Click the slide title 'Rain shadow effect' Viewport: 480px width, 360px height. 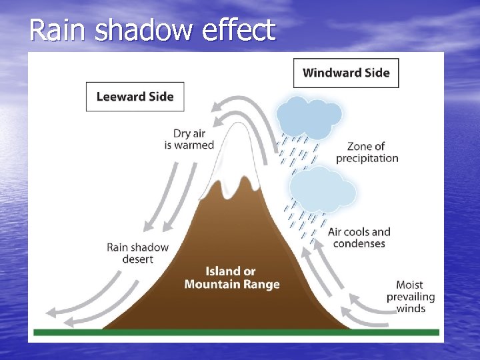(x=152, y=30)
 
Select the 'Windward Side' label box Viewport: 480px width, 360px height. (x=346, y=73)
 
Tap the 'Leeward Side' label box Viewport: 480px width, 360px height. (x=135, y=97)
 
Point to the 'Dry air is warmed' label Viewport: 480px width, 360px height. (x=189, y=139)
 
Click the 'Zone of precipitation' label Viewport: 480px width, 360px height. (x=367, y=152)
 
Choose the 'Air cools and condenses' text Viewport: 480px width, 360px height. (x=359, y=237)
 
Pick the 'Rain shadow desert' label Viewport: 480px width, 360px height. (x=137, y=253)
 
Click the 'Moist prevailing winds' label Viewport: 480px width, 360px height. (x=410, y=297)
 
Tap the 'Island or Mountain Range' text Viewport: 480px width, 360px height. (x=231, y=277)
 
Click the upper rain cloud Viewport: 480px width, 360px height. (x=308, y=117)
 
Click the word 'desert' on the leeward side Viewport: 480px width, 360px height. (x=137, y=259)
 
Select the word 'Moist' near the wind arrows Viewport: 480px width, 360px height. (x=410, y=285)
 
